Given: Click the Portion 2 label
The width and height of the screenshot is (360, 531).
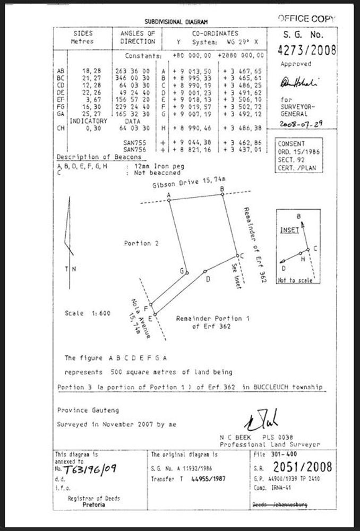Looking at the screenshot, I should tap(141, 243).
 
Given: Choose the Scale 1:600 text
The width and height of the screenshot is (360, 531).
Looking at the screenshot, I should tap(88, 313).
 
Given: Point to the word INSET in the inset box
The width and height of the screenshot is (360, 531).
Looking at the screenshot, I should tap(289, 230).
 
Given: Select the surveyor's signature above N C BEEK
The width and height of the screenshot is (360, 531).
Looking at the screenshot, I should tap(261, 421).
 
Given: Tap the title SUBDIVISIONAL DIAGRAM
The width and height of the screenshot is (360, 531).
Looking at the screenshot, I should tap(176, 21).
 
